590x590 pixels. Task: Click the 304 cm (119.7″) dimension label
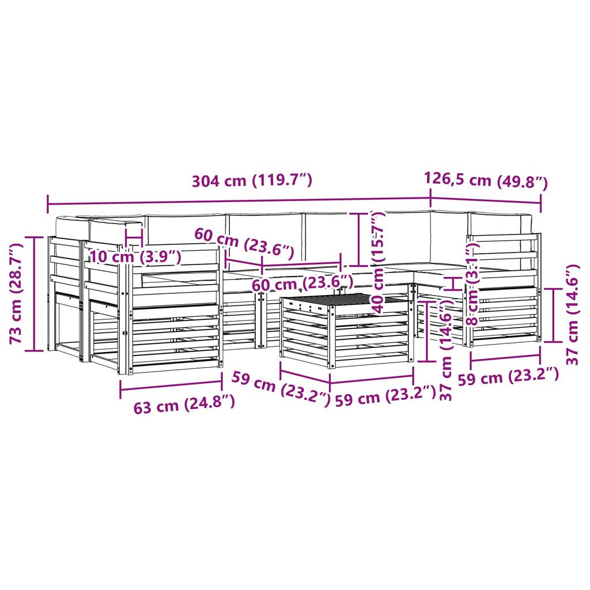click(x=252, y=180)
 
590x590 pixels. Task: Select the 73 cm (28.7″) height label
click(x=17, y=293)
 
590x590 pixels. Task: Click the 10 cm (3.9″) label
click(x=135, y=257)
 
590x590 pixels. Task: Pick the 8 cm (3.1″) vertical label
click(x=472, y=283)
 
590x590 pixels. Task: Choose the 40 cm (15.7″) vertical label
click(x=379, y=262)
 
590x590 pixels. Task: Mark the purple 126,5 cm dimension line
click(x=486, y=201)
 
